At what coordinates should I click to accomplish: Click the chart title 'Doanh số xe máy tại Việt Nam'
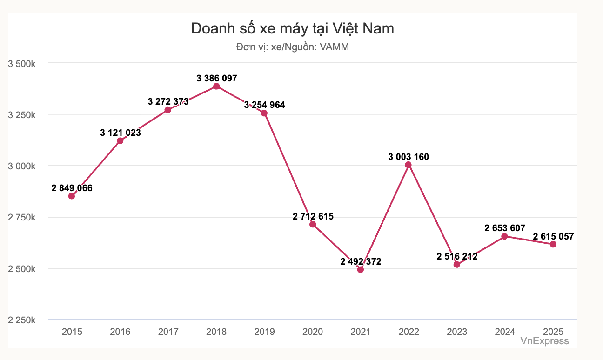point(293,29)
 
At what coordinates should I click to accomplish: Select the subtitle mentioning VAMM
point(293,47)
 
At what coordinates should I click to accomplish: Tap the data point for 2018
point(216,86)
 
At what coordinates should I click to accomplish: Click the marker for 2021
point(361,269)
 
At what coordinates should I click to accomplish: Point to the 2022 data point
point(409,165)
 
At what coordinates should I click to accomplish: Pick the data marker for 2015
point(72,196)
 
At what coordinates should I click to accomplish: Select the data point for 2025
point(553,244)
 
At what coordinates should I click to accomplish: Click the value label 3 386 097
point(216,78)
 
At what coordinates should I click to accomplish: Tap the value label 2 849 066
point(72,188)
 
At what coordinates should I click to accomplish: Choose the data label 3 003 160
point(409,157)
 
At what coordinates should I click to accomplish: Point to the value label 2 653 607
point(505,228)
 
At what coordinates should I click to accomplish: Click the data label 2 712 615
point(313,216)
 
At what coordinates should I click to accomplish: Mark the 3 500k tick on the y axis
point(22,63)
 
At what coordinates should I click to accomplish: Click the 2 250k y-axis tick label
point(22,320)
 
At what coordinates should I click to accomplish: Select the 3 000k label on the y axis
point(22,166)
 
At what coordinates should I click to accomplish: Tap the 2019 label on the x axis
point(264,332)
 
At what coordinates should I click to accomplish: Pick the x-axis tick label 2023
point(457,332)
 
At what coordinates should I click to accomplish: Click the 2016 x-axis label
point(120,332)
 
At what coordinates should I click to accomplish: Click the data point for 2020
point(313,224)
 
